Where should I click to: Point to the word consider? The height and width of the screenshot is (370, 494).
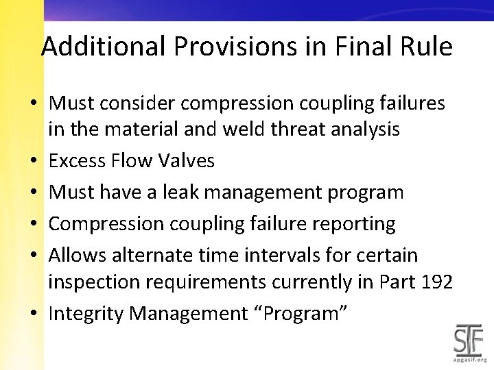tap(145, 103)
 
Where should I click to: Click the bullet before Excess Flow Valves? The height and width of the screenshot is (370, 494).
tap(33, 162)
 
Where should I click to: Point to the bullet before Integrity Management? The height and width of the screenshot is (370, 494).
tap(33, 314)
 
